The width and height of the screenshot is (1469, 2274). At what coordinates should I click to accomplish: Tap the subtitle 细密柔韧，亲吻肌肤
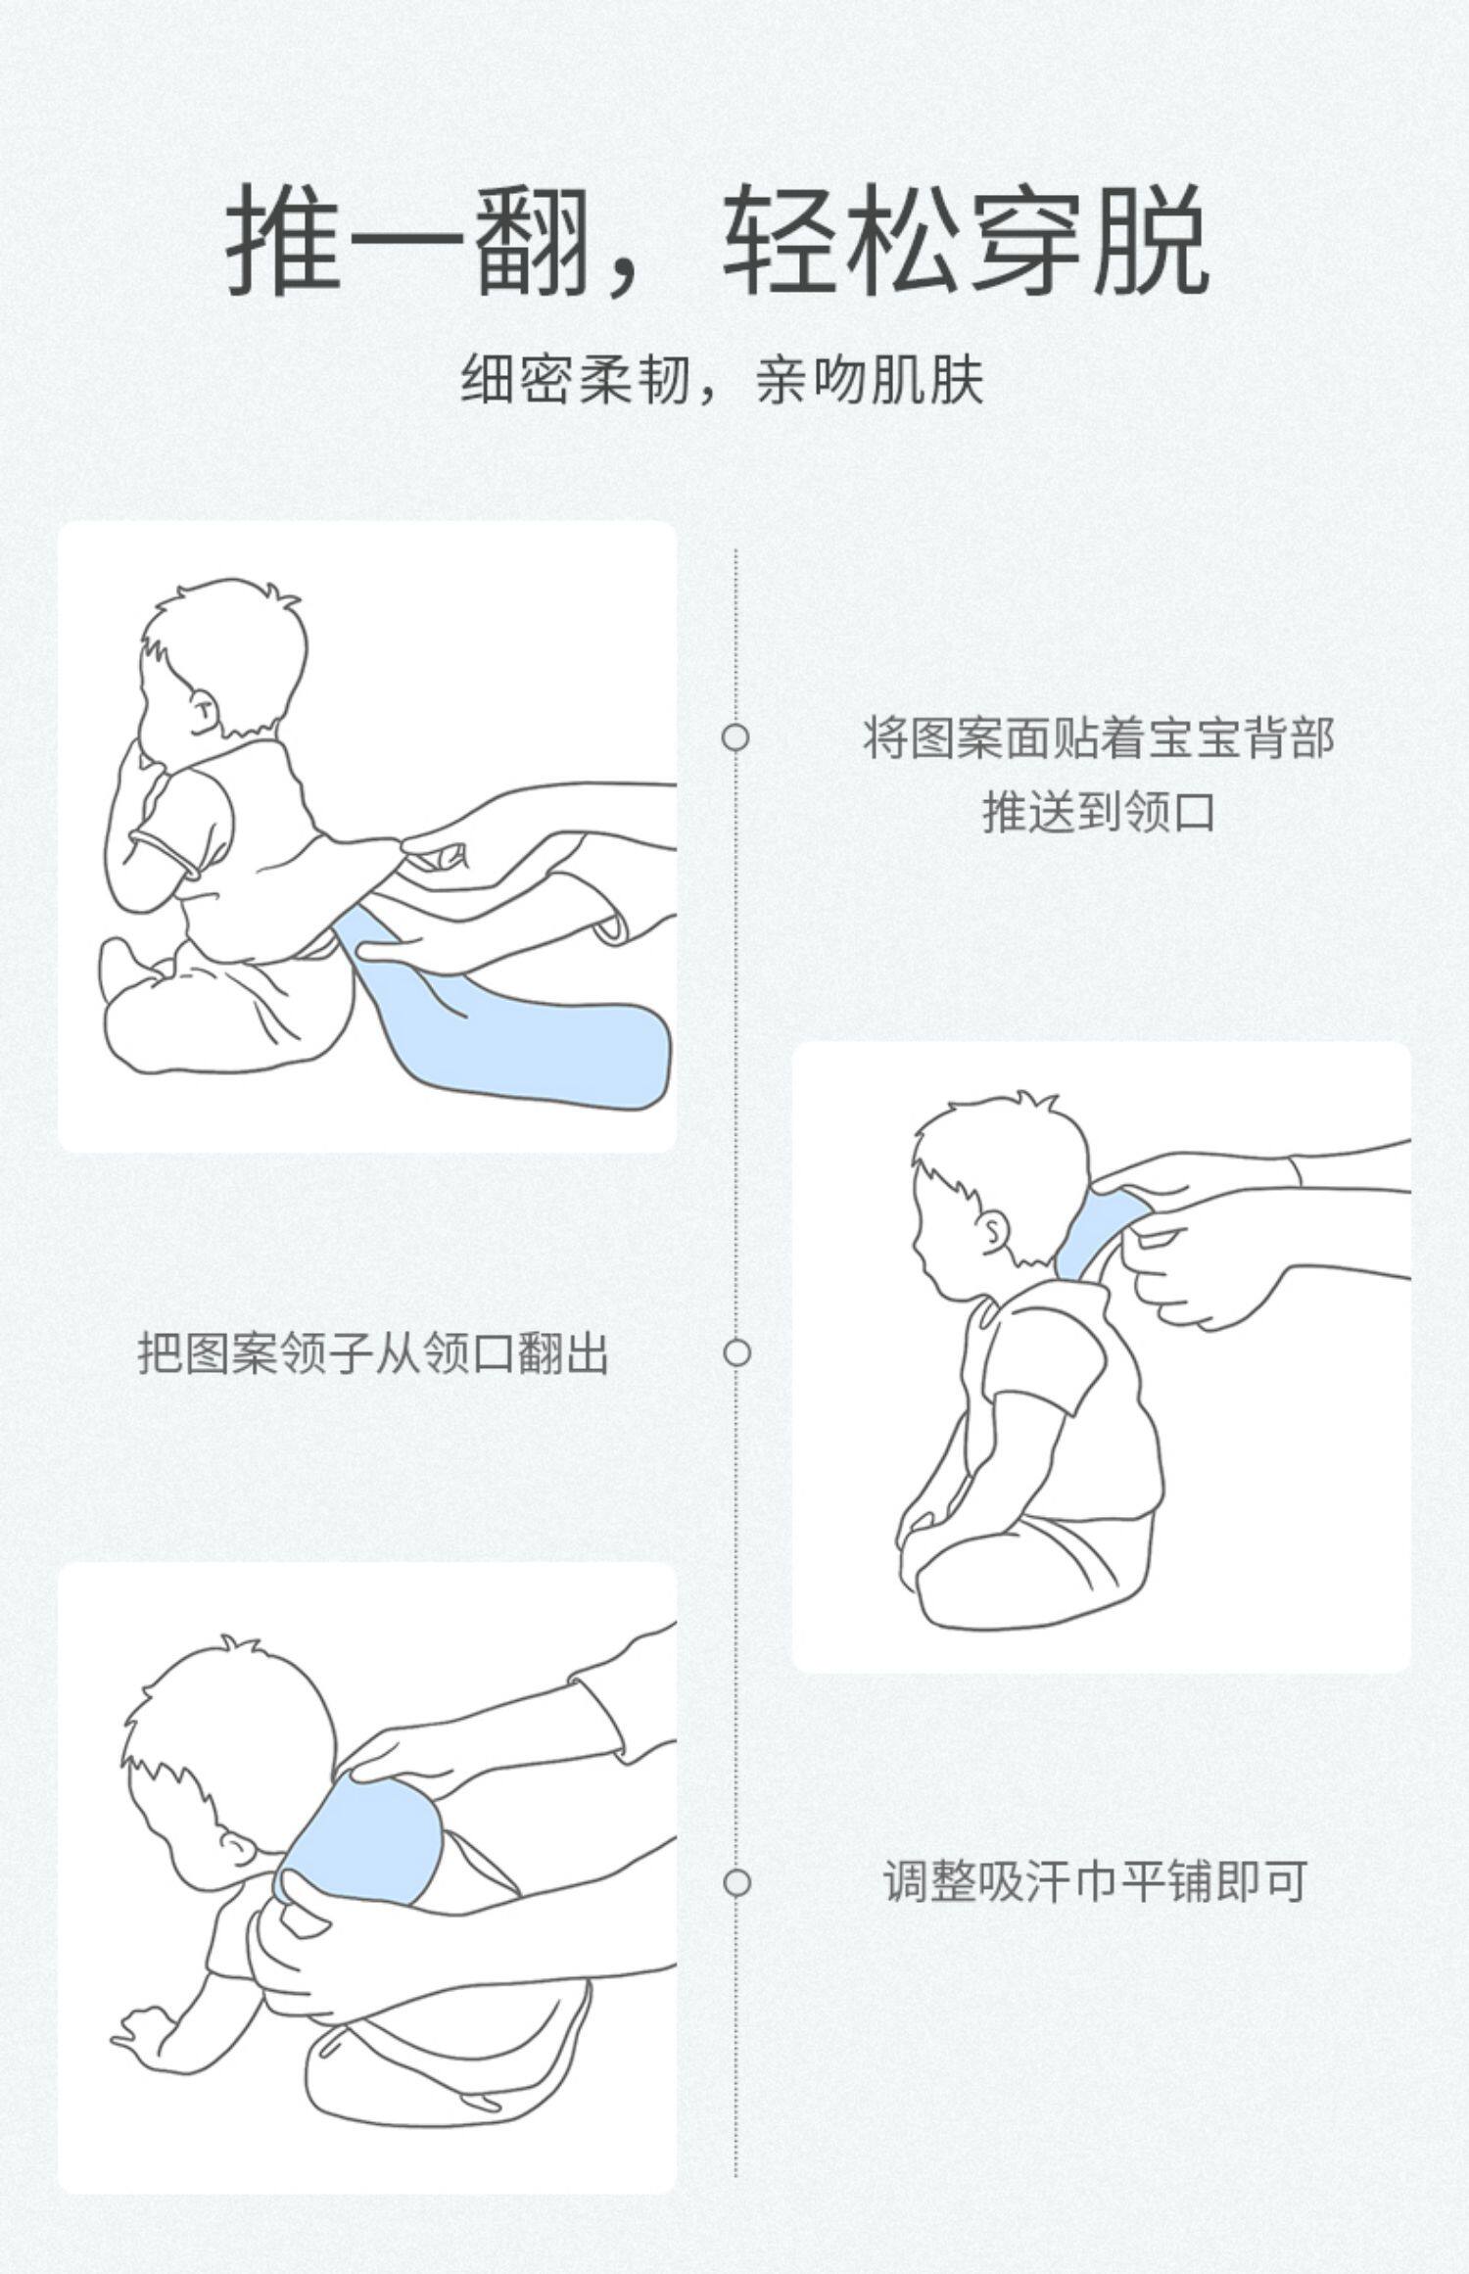click(x=723, y=380)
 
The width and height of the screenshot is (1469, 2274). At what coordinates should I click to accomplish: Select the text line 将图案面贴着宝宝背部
click(x=1098, y=737)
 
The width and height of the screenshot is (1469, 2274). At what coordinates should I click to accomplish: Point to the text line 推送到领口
click(x=1098, y=812)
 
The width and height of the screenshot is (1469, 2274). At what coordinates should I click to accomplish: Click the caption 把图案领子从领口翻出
click(x=372, y=1352)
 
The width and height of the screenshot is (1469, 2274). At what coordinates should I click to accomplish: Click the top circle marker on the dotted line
click(x=735, y=736)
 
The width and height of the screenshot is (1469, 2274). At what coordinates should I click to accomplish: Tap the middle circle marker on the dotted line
click(x=735, y=1352)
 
